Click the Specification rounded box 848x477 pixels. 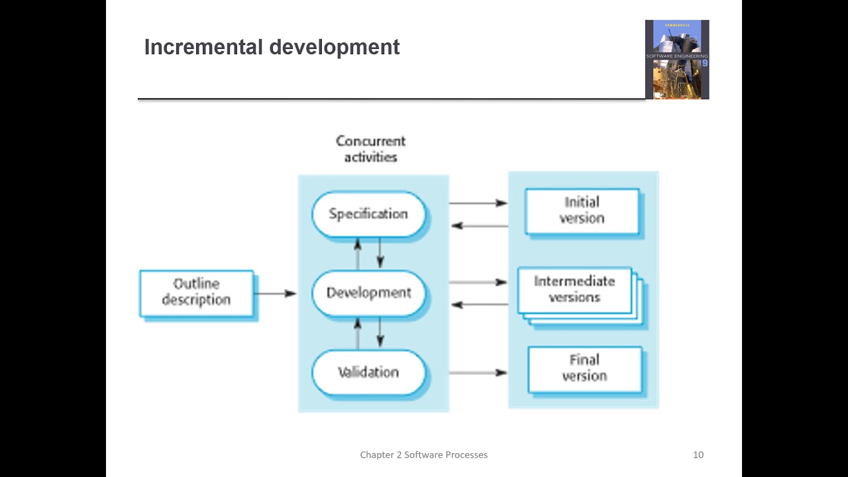tap(368, 214)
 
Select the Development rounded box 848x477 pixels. tap(368, 293)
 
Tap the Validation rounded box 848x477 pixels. tap(368, 372)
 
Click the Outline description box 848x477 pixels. tap(196, 292)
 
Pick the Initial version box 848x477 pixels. tap(582, 211)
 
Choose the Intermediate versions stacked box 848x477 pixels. tap(574, 290)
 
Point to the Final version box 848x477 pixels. tap(584, 368)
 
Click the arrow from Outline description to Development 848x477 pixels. tap(275, 293)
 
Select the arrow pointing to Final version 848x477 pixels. tap(478, 372)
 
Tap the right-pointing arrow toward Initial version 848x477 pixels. tap(478, 203)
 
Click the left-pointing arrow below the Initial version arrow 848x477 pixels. tap(479, 226)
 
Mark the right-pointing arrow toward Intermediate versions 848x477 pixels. tap(478, 282)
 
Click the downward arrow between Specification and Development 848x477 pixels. tap(380, 252)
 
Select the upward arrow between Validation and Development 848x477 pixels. tap(358, 332)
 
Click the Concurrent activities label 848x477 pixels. tap(370, 149)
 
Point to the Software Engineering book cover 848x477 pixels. tap(677, 60)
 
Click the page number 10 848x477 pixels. tap(698, 454)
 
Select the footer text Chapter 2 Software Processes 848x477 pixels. tap(423, 454)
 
